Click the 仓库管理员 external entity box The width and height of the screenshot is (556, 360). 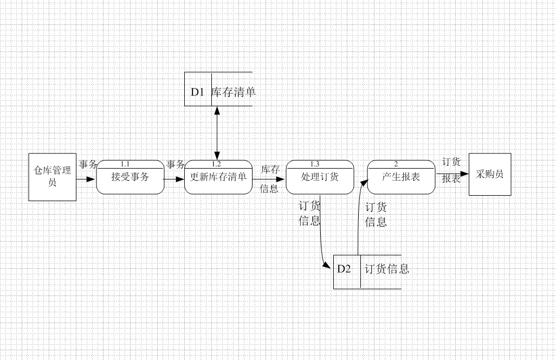click(52, 177)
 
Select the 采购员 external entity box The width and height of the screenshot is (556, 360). click(489, 174)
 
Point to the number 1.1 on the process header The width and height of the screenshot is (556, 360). click(125, 164)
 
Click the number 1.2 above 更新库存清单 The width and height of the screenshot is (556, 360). click(216, 164)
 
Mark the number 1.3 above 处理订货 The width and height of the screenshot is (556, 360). click(315, 164)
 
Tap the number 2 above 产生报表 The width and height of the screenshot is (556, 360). click(396, 164)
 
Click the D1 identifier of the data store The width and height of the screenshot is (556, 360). click(197, 92)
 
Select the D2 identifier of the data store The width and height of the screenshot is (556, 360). click(344, 269)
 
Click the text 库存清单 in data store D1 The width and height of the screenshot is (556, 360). click(233, 92)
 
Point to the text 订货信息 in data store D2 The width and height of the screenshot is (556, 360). click(387, 269)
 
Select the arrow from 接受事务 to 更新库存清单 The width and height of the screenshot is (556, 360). click(174, 178)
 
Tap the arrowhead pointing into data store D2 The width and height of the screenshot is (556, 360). click(327, 266)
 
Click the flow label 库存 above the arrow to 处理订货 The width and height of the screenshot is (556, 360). click(270, 169)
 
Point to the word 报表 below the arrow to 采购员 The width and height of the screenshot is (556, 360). click(451, 179)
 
